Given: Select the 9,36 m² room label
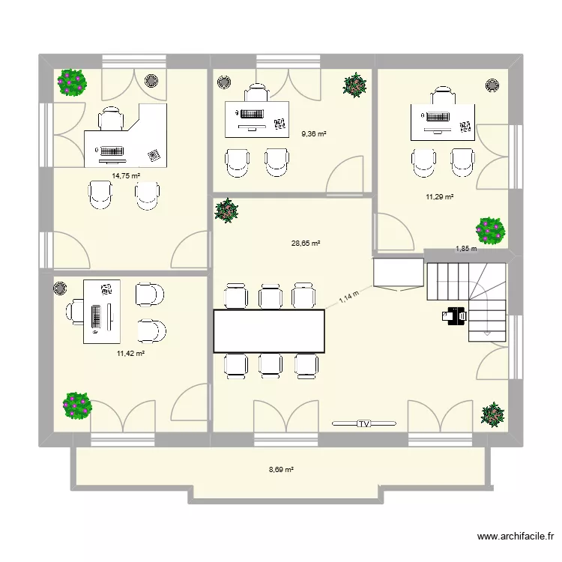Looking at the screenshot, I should (x=314, y=134).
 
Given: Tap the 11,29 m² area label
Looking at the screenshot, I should (x=440, y=197).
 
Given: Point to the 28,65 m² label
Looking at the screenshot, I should (x=306, y=244).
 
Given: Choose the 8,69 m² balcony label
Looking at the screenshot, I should (x=281, y=470).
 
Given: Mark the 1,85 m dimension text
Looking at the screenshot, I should (x=466, y=249).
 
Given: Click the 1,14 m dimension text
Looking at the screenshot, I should (x=349, y=297).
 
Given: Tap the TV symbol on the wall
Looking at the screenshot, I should (x=364, y=424).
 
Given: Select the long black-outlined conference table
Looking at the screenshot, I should (x=270, y=330).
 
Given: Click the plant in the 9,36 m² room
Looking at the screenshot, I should (x=354, y=85).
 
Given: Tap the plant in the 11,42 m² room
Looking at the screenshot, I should (x=77, y=405).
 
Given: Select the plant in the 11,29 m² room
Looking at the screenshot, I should (x=491, y=231).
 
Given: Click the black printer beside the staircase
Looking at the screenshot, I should (x=453, y=318).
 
